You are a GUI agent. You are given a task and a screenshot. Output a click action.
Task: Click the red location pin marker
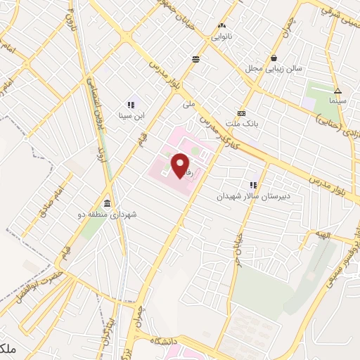(x=181, y=165)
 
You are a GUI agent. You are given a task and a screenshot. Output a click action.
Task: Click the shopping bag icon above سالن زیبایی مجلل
(x=274, y=58)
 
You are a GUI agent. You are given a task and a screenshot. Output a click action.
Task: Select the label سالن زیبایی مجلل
(x=274, y=69)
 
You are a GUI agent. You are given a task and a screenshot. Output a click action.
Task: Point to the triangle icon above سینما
(x=337, y=90)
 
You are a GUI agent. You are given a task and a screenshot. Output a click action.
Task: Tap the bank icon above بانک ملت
(x=241, y=113)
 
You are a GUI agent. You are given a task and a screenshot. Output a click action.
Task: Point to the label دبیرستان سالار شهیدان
(x=252, y=197)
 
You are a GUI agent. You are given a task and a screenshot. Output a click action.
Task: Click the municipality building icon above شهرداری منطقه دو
(x=106, y=202)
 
